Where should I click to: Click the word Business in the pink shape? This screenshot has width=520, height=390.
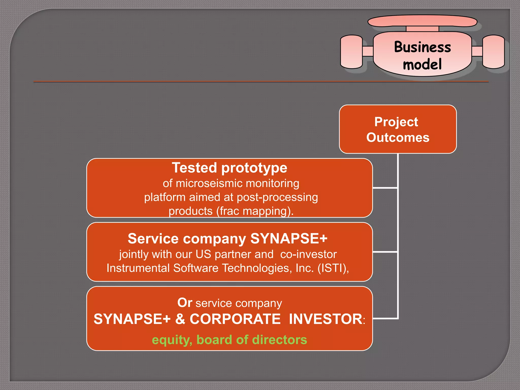(x=422, y=47)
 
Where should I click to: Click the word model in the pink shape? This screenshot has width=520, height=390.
(x=422, y=64)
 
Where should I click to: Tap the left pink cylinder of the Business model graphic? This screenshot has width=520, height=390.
(x=351, y=52)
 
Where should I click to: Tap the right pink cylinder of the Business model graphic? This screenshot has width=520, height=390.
(x=493, y=52)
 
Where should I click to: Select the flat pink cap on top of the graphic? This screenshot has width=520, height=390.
(x=422, y=21)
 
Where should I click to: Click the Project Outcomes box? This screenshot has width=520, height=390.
(x=398, y=129)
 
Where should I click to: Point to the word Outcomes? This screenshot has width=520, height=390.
(x=398, y=137)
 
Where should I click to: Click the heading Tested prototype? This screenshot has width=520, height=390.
(x=230, y=168)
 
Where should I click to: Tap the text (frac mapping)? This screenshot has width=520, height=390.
(x=255, y=211)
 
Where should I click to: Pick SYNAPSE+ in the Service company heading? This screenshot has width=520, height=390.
(x=289, y=239)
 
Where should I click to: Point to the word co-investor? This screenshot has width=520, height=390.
(x=308, y=254)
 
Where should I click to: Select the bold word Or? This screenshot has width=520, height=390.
(x=185, y=303)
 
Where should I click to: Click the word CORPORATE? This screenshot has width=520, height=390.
(x=235, y=319)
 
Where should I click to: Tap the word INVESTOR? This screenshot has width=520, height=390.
(x=326, y=319)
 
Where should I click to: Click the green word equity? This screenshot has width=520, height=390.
(x=172, y=340)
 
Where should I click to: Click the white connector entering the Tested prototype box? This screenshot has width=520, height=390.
(x=385, y=188)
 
